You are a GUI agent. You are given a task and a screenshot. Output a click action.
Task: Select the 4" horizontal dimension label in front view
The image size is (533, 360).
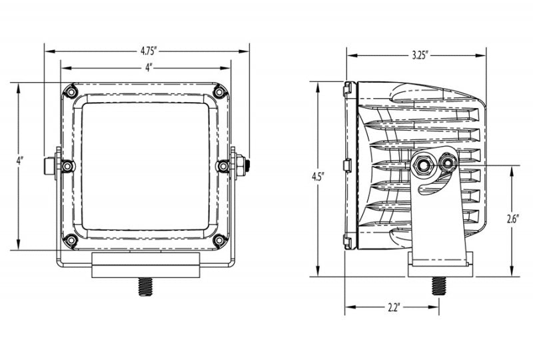coord(147,67)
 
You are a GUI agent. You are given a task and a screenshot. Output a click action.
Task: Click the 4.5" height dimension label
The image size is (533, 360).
coord(318,177)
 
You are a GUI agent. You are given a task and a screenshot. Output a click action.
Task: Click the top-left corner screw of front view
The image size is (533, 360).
coord(71,91)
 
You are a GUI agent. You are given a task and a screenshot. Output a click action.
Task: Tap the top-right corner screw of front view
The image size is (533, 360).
coord(219,91)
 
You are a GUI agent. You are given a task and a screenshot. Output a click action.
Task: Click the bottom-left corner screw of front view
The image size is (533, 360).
coord(71,240)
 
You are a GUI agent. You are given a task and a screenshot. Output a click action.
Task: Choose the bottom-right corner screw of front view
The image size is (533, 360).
coord(219,240)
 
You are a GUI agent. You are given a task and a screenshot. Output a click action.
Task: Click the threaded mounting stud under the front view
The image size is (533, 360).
coord(146,287)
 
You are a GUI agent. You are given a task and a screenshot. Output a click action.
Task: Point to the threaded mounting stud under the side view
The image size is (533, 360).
coord(438,286)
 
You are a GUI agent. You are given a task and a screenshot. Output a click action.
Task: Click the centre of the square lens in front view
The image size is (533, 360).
coord(146,166)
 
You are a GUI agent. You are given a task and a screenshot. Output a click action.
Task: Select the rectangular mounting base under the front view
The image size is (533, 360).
coord(146,265)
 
